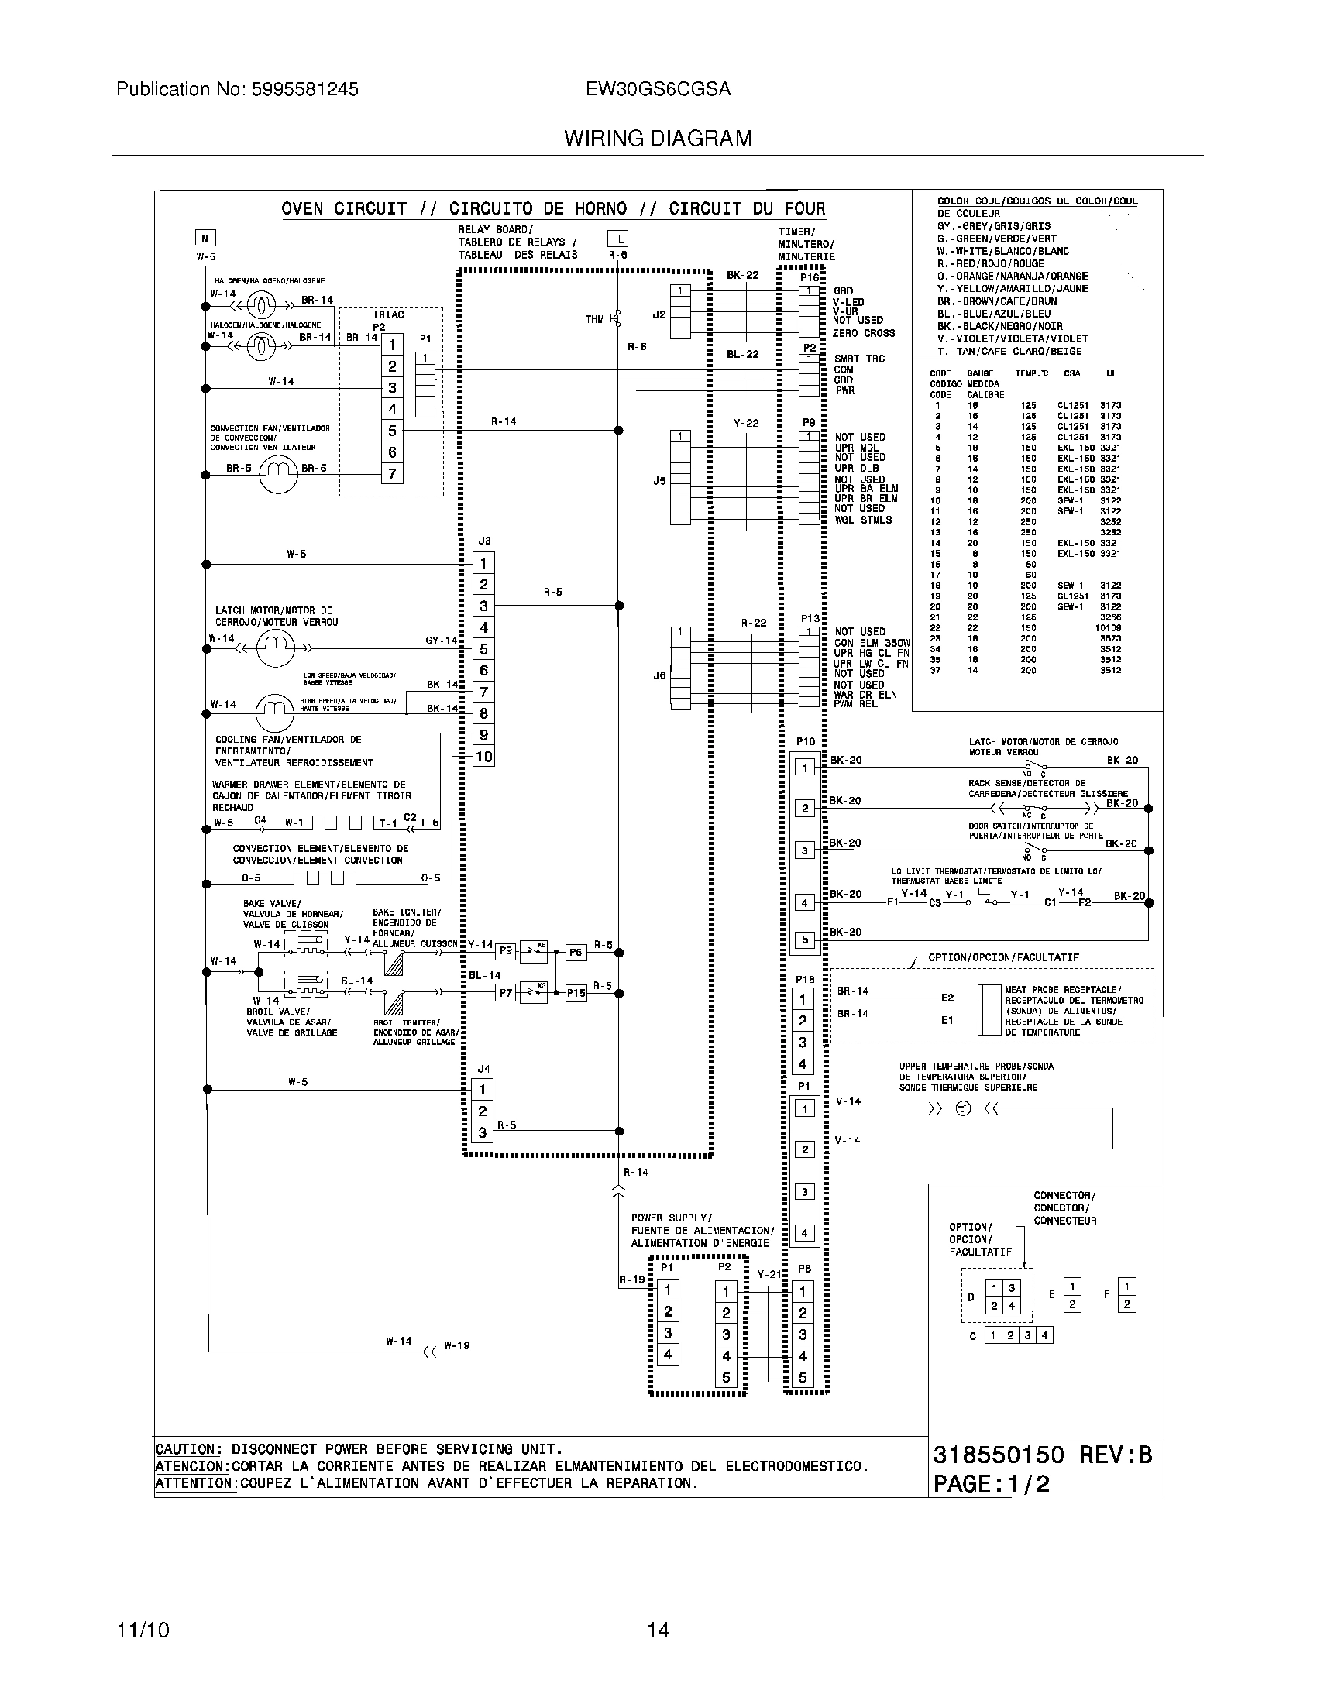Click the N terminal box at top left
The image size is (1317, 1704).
(205, 239)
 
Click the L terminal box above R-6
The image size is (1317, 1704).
(617, 239)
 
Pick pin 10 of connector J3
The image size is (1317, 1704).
(483, 756)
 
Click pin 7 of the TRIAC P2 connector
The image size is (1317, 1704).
(392, 473)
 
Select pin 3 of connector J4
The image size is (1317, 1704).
(483, 1132)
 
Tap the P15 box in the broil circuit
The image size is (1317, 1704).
(576, 993)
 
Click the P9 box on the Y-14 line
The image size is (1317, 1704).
(506, 950)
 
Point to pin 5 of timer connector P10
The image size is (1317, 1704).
(804, 940)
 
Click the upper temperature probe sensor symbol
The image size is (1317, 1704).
(963, 1108)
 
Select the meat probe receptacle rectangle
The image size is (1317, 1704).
(989, 1008)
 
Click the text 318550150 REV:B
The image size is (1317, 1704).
(1041, 1455)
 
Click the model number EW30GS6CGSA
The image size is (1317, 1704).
(658, 90)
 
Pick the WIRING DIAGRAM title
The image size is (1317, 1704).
(658, 139)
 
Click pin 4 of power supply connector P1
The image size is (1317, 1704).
(668, 1355)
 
